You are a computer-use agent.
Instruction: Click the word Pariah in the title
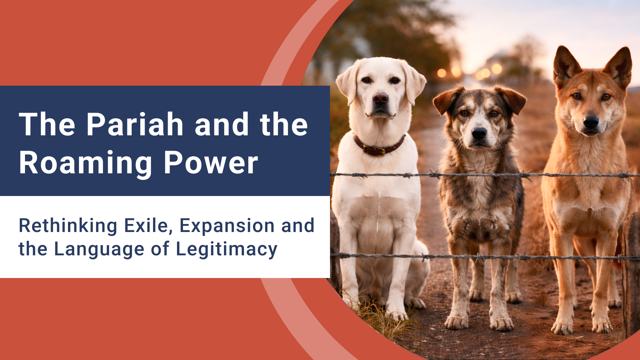click(135, 125)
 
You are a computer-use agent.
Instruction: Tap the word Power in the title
click(211, 163)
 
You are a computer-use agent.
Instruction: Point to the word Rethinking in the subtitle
click(68, 226)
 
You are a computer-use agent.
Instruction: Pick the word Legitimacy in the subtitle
click(226, 250)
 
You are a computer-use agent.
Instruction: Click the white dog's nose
click(380, 98)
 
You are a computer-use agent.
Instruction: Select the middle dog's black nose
click(479, 133)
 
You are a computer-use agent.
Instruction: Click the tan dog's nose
click(591, 122)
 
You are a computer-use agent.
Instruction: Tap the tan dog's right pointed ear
click(620, 65)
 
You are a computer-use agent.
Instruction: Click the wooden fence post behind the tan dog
click(631, 267)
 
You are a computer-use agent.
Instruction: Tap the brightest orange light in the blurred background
click(496, 69)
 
